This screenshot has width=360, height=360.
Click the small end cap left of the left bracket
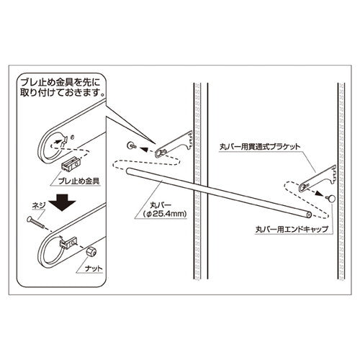[130, 146]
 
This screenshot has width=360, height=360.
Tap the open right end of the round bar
[308, 215]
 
